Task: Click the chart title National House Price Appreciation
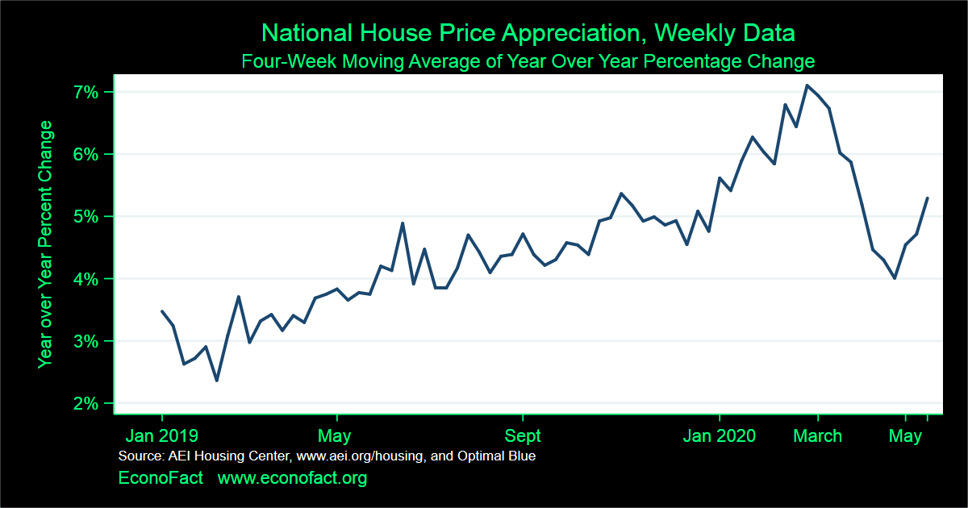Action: (x=528, y=33)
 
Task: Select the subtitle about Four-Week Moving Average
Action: (x=528, y=61)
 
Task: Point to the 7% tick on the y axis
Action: (x=87, y=92)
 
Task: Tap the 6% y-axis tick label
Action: (x=87, y=154)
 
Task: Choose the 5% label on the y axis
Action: (x=87, y=216)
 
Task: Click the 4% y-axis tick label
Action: (x=87, y=279)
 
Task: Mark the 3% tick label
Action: (x=87, y=341)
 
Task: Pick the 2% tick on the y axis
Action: (x=87, y=403)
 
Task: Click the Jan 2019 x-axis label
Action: (x=161, y=436)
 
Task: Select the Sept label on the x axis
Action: (x=523, y=436)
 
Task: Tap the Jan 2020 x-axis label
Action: (x=719, y=436)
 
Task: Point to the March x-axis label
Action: (x=818, y=436)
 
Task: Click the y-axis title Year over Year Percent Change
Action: (x=46, y=244)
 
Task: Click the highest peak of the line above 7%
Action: (x=807, y=85)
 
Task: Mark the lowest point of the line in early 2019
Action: (x=216, y=380)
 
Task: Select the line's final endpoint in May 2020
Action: (x=928, y=198)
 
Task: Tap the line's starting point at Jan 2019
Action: (x=162, y=311)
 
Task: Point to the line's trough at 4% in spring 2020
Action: (x=895, y=278)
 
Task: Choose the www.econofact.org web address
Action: (x=292, y=478)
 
